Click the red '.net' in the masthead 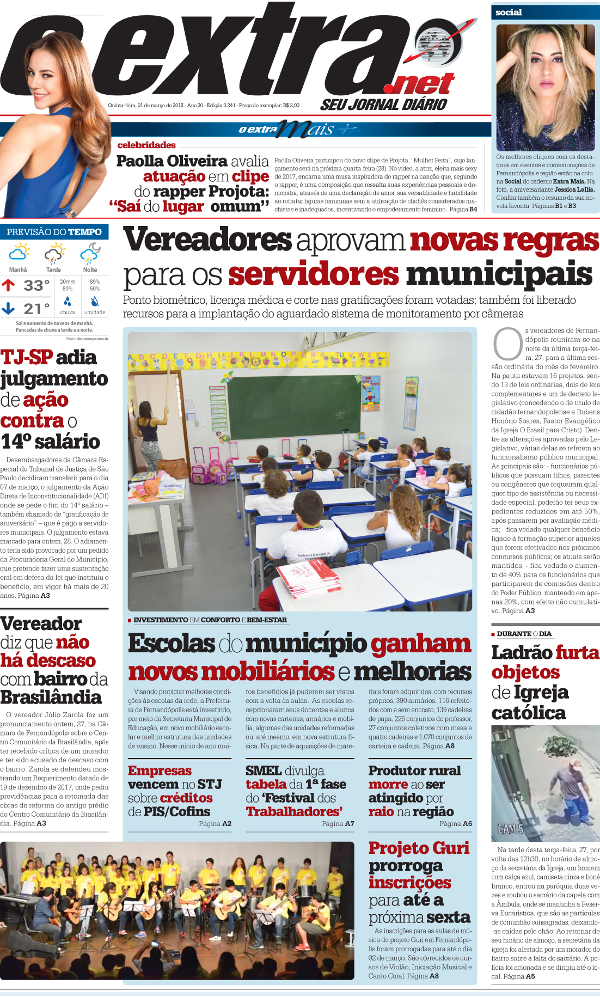click(419, 84)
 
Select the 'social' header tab click(509, 12)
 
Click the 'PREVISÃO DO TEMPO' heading click(54, 232)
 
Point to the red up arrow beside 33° click(8, 285)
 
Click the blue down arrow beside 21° click(8, 308)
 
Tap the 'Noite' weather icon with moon click(90, 253)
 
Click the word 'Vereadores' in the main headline click(207, 240)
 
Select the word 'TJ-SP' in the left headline click(26, 357)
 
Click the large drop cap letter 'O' click(507, 344)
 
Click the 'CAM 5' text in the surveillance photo click(510, 829)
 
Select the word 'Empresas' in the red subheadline click(160, 770)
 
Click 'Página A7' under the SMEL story click(338, 824)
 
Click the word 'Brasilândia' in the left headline click(51, 698)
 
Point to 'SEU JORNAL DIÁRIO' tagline click(383, 105)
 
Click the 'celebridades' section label click(146, 145)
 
